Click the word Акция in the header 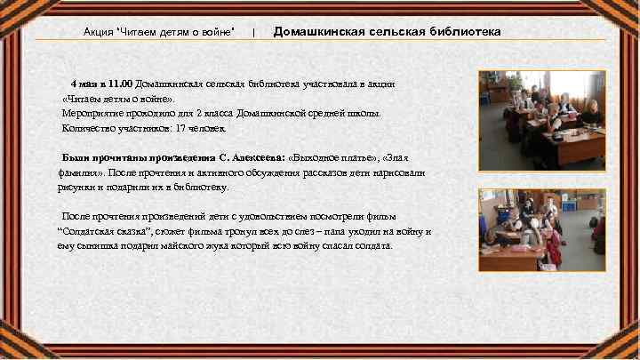(x=98, y=32)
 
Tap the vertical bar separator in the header (x=254, y=32)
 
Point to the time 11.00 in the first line (x=120, y=84)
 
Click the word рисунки (x=73, y=188)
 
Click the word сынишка (x=90, y=246)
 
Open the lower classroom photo (x=541, y=229)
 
